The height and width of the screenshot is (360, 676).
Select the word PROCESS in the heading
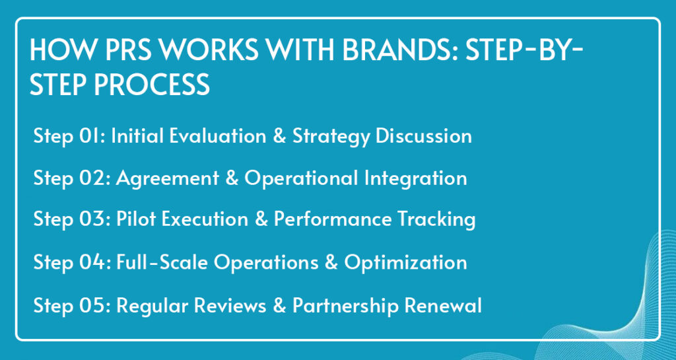click(x=152, y=85)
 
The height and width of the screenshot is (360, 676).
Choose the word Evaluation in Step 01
click(x=217, y=136)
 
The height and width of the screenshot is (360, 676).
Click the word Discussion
click(x=424, y=136)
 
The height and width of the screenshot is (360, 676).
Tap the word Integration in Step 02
click(x=416, y=179)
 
